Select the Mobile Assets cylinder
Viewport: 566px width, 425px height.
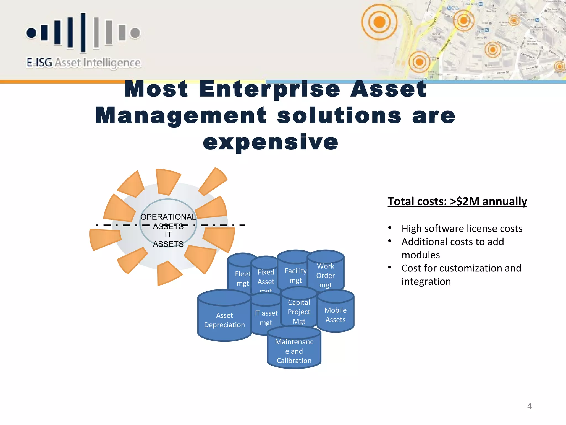(336, 314)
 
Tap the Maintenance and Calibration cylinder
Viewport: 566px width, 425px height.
(294, 351)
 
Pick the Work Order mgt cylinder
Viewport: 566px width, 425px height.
(326, 275)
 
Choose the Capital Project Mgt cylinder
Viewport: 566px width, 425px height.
(299, 311)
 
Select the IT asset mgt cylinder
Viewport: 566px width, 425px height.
(266, 317)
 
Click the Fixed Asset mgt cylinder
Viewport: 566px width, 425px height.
(266, 277)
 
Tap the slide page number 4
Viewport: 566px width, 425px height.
(529, 406)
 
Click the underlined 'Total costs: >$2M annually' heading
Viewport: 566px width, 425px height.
(457, 201)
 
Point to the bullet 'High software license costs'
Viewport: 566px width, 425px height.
(462, 229)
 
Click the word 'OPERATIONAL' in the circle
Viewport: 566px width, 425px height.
(168, 217)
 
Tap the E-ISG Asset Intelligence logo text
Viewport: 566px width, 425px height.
(83, 63)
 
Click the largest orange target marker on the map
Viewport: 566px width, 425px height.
(379, 22)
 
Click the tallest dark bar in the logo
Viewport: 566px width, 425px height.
(83, 33)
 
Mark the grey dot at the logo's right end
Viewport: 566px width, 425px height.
(135, 33)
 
